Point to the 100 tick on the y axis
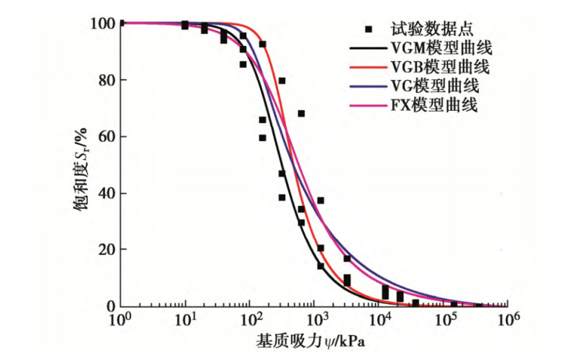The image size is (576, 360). coord(102,24)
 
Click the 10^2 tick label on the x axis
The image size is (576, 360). coord(249,319)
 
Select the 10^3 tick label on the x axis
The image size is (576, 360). coord(314,319)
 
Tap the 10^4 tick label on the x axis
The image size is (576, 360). coord(379,319)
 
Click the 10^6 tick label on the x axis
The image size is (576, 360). coord(508,319)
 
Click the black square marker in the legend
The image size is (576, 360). coord(368,30)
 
